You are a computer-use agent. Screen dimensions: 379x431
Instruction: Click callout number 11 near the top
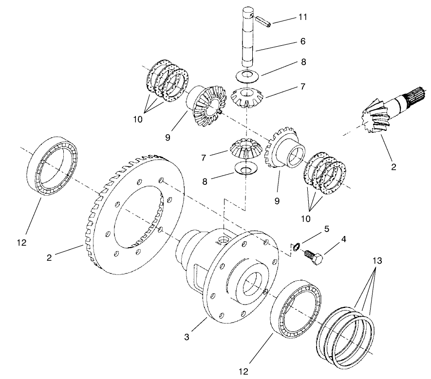tap(303, 17)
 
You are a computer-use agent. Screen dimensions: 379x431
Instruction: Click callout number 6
tap(302, 42)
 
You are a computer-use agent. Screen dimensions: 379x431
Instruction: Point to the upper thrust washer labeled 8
tap(247, 75)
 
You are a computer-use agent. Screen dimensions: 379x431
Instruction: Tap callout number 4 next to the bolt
tap(344, 239)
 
